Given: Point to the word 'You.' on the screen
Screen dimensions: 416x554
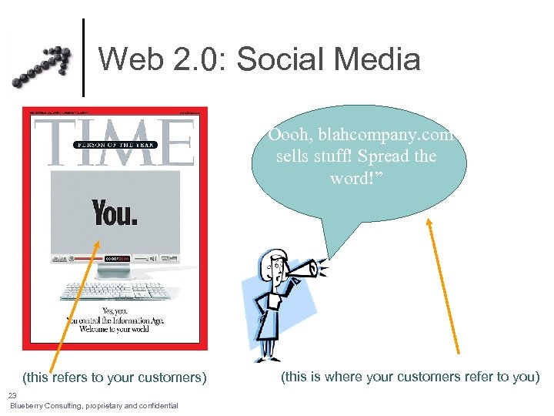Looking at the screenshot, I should [x=115, y=212].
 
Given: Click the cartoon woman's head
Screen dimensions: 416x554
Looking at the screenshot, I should [x=274, y=267].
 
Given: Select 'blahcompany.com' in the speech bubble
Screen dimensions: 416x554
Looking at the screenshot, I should [x=362, y=135].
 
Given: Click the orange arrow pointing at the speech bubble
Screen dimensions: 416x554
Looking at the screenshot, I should [x=444, y=284].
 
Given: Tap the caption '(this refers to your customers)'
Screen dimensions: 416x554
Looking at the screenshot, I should [x=115, y=377].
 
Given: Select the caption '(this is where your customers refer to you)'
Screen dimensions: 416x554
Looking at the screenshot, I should [x=410, y=377].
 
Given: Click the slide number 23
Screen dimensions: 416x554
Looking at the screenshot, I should [x=12, y=394].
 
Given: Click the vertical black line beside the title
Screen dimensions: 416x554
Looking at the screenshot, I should [x=83, y=57].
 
